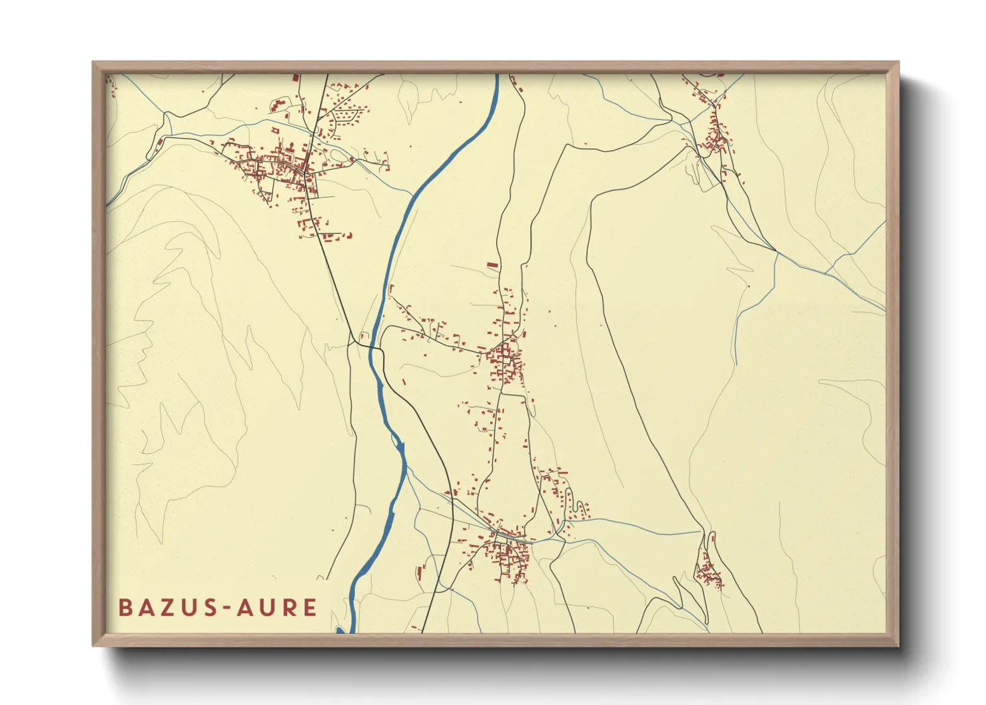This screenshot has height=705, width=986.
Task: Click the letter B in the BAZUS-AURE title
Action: click(x=125, y=608)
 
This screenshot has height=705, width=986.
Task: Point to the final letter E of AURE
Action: click(x=309, y=608)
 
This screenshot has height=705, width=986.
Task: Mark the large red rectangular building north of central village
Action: click(x=492, y=265)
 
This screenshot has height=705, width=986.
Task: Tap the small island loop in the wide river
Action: click(x=398, y=442)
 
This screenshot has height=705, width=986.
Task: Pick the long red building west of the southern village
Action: click(x=420, y=571)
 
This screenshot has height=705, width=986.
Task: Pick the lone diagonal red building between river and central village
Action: click(x=404, y=382)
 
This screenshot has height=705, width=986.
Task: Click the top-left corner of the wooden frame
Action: click(x=93, y=63)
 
